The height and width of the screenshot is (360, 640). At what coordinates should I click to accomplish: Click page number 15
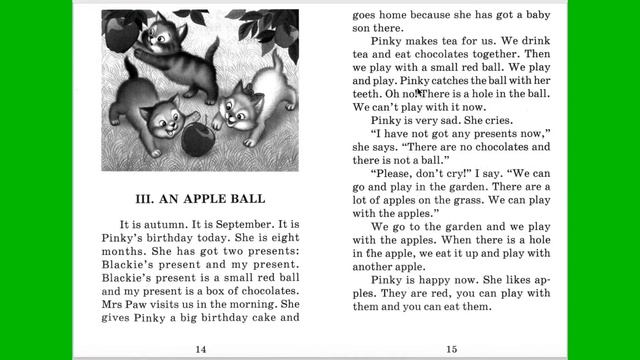452,348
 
